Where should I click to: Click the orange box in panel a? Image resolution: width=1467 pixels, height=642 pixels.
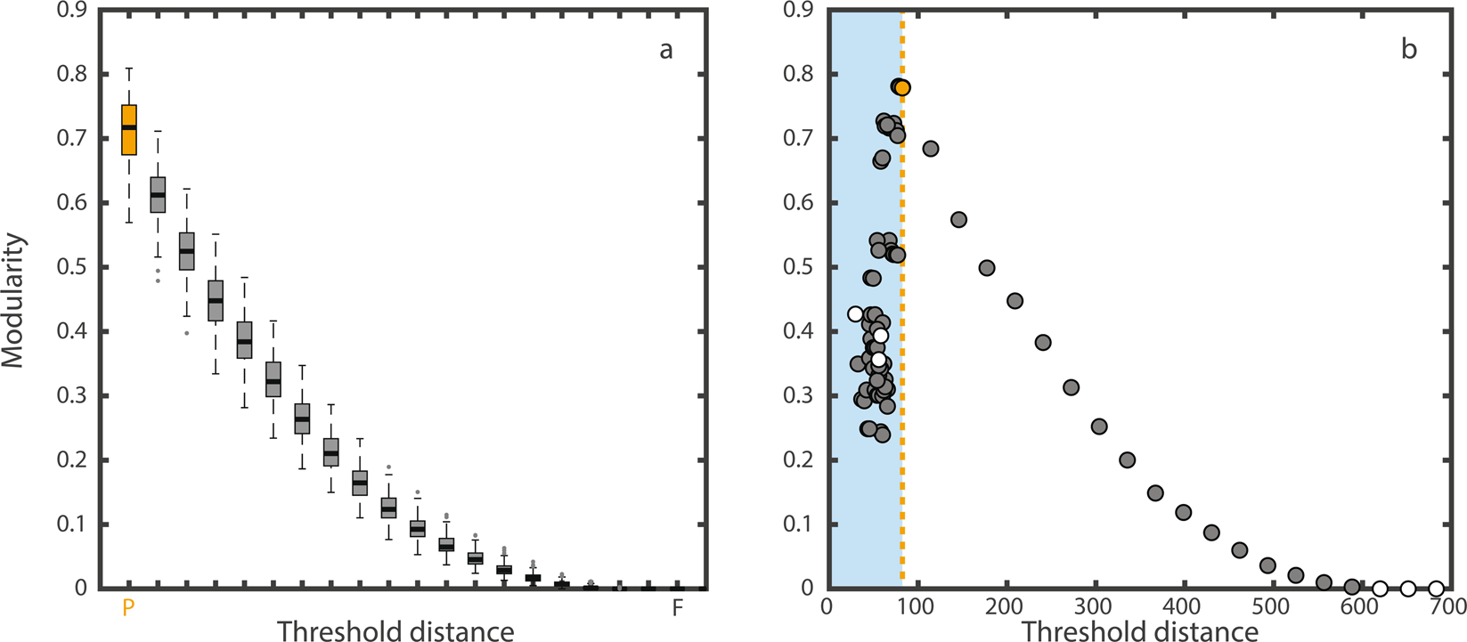click(x=129, y=129)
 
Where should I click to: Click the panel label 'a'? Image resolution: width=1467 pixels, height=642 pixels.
click(x=665, y=50)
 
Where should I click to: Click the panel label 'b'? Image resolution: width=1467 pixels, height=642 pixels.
click(x=1408, y=50)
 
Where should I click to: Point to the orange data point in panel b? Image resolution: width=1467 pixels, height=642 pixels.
click(x=902, y=87)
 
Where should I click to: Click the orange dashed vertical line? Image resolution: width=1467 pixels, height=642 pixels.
click(x=902, y=356)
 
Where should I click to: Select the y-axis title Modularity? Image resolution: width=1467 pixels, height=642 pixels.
click(x=16, y=300)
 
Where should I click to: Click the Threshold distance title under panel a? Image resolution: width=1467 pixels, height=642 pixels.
click(x=395, y=630)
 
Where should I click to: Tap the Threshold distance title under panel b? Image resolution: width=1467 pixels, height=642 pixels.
click(x=1139, y=630)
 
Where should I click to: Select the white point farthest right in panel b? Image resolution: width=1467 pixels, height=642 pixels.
click(x=1436, y=588)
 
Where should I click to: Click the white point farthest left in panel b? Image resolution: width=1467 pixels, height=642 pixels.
click(x=856, y=313)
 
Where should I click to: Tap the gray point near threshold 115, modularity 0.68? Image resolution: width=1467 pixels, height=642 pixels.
click(x=931, y=149)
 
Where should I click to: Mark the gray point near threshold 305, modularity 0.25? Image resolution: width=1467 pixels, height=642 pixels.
click(x=1099, y=427)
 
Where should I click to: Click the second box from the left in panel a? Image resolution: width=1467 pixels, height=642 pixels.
click(x=158, y=194)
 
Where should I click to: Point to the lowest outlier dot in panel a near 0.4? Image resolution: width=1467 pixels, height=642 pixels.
click(x=186, y=333)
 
